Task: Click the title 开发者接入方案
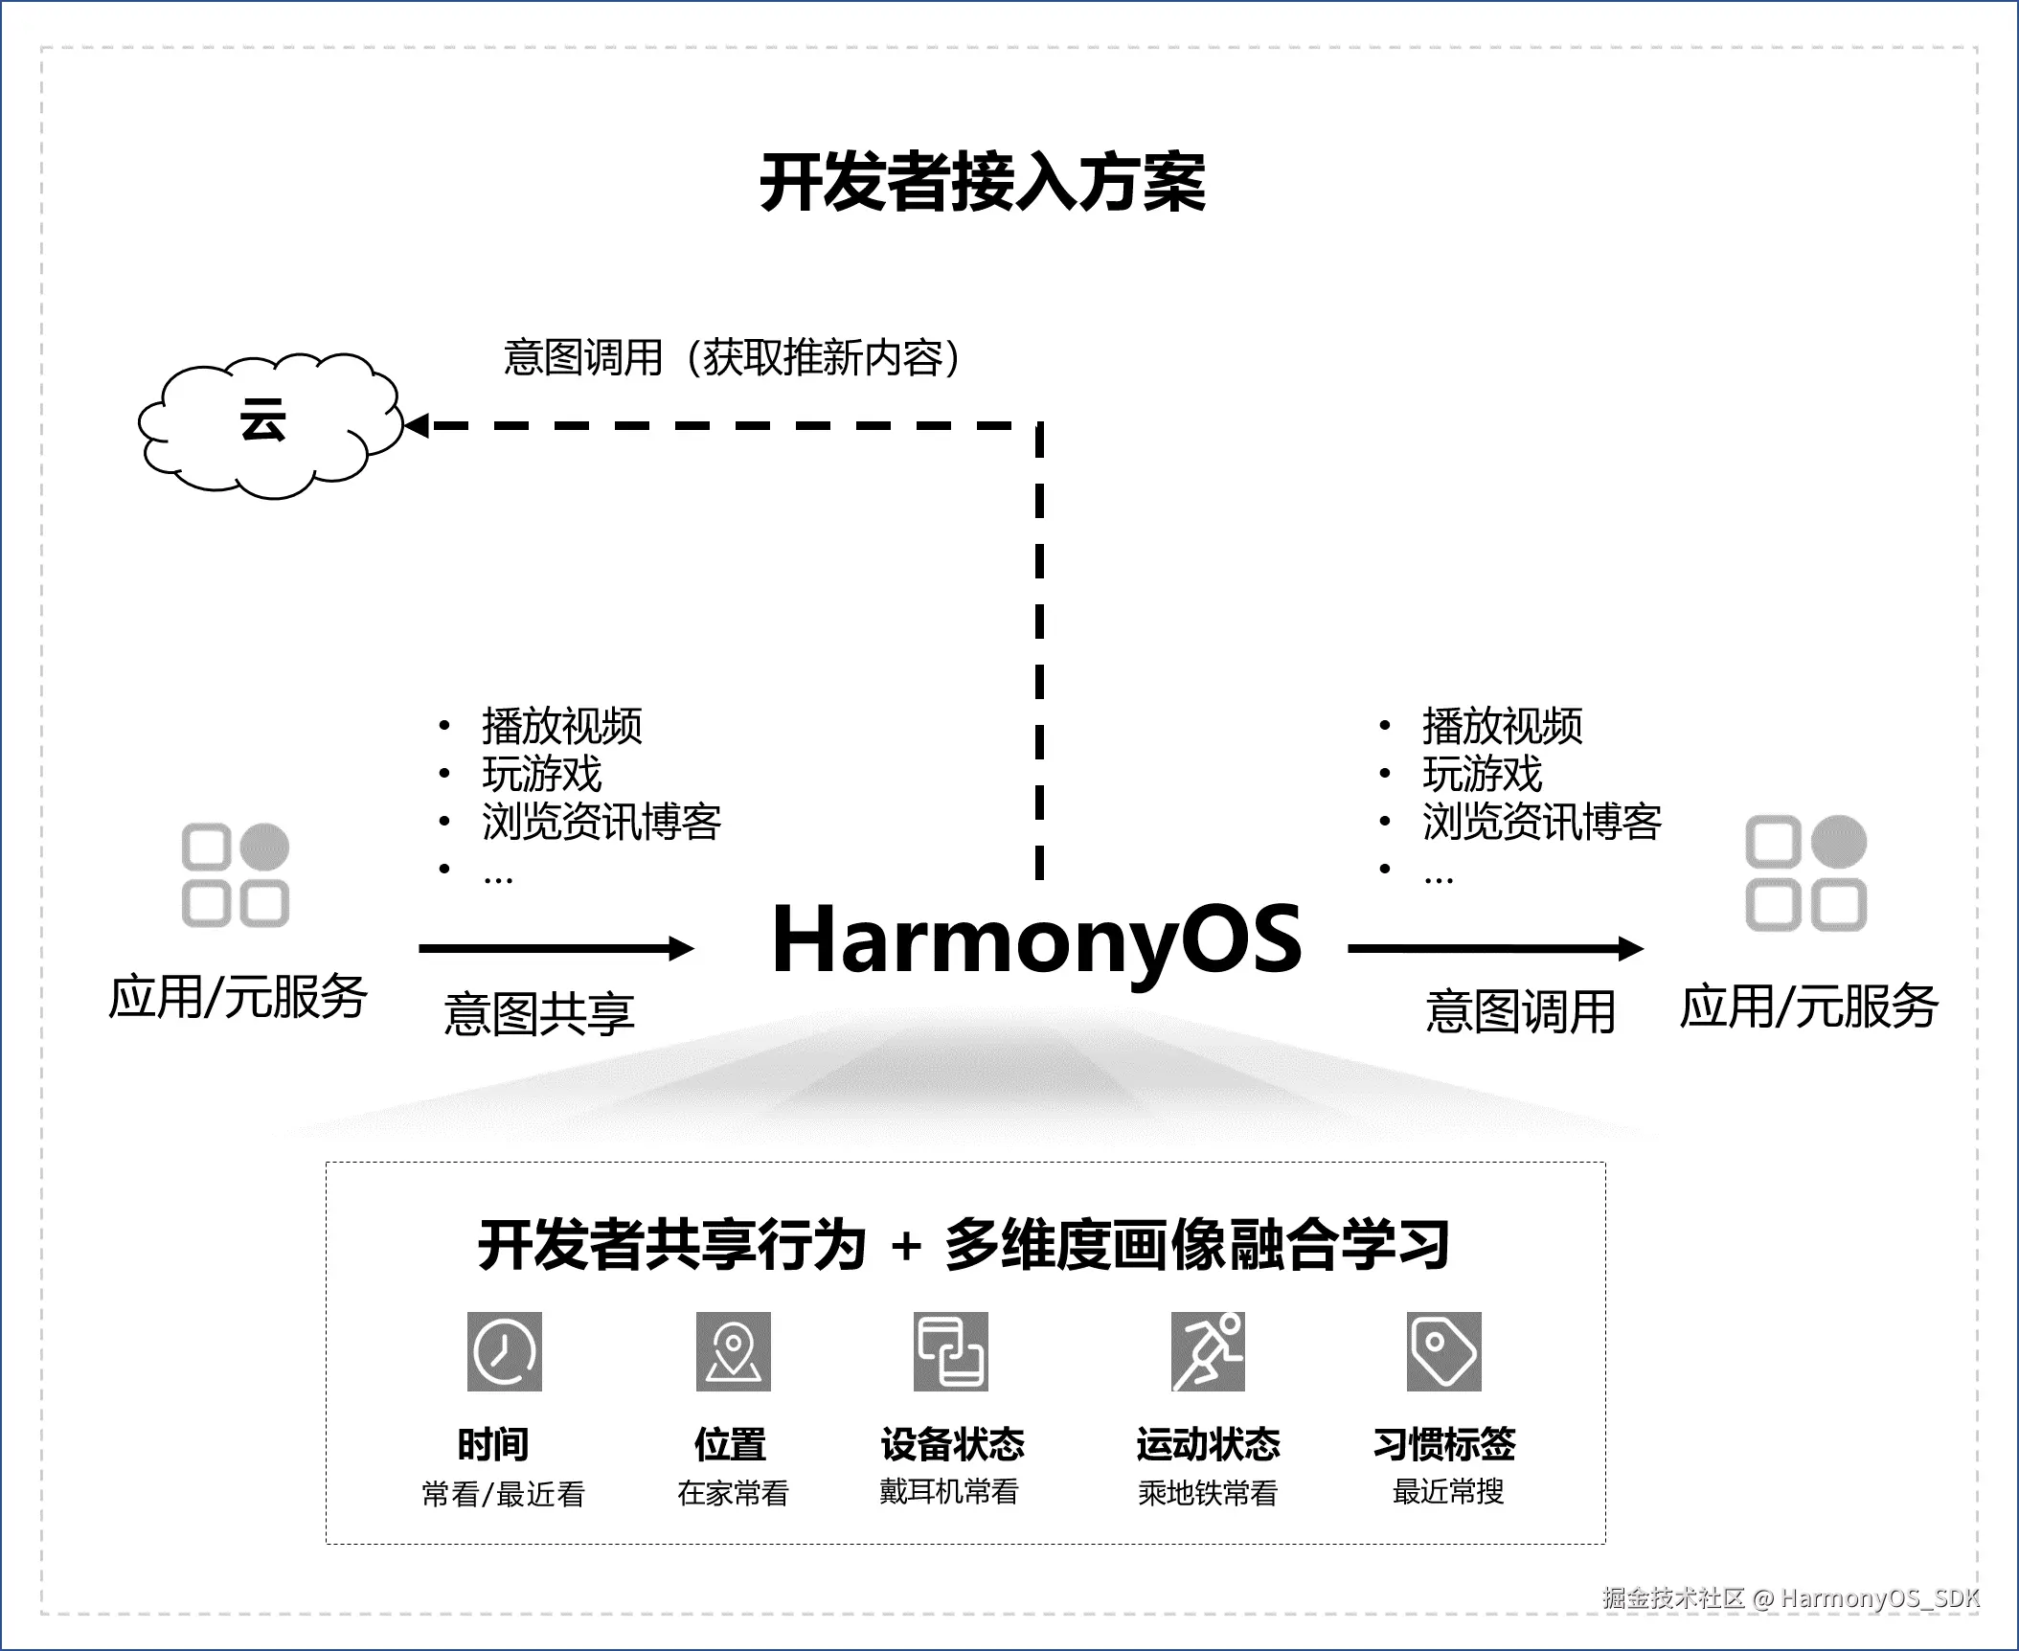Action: click(x=983, y=182)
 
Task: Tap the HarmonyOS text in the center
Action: click(x=1036, y=941)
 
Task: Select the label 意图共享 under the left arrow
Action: click(x=539, y=1014)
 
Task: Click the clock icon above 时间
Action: click(x=505, y=1351)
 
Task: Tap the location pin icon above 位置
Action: click(x=733, y=1351)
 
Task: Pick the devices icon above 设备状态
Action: click(x=950, y=1351)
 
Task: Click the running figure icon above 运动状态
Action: click(x=1208, y=1351)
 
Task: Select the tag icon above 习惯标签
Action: click(x=1443, y=1351)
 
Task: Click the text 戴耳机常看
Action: click(x=949, y=1491)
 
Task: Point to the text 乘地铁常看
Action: click(x=1208, y=1492)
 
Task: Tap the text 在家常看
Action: click(x=733, y=1492)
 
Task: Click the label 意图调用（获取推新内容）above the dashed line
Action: click(x=733, y=358)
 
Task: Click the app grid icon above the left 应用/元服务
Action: click(x=236, y=875)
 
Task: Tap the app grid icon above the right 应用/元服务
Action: click(x=1805, y=873)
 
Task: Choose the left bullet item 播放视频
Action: click(x=562, y=726)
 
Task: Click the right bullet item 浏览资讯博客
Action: click(x=1541, y=822)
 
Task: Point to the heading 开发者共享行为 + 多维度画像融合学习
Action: click(x=964, y=1245)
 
